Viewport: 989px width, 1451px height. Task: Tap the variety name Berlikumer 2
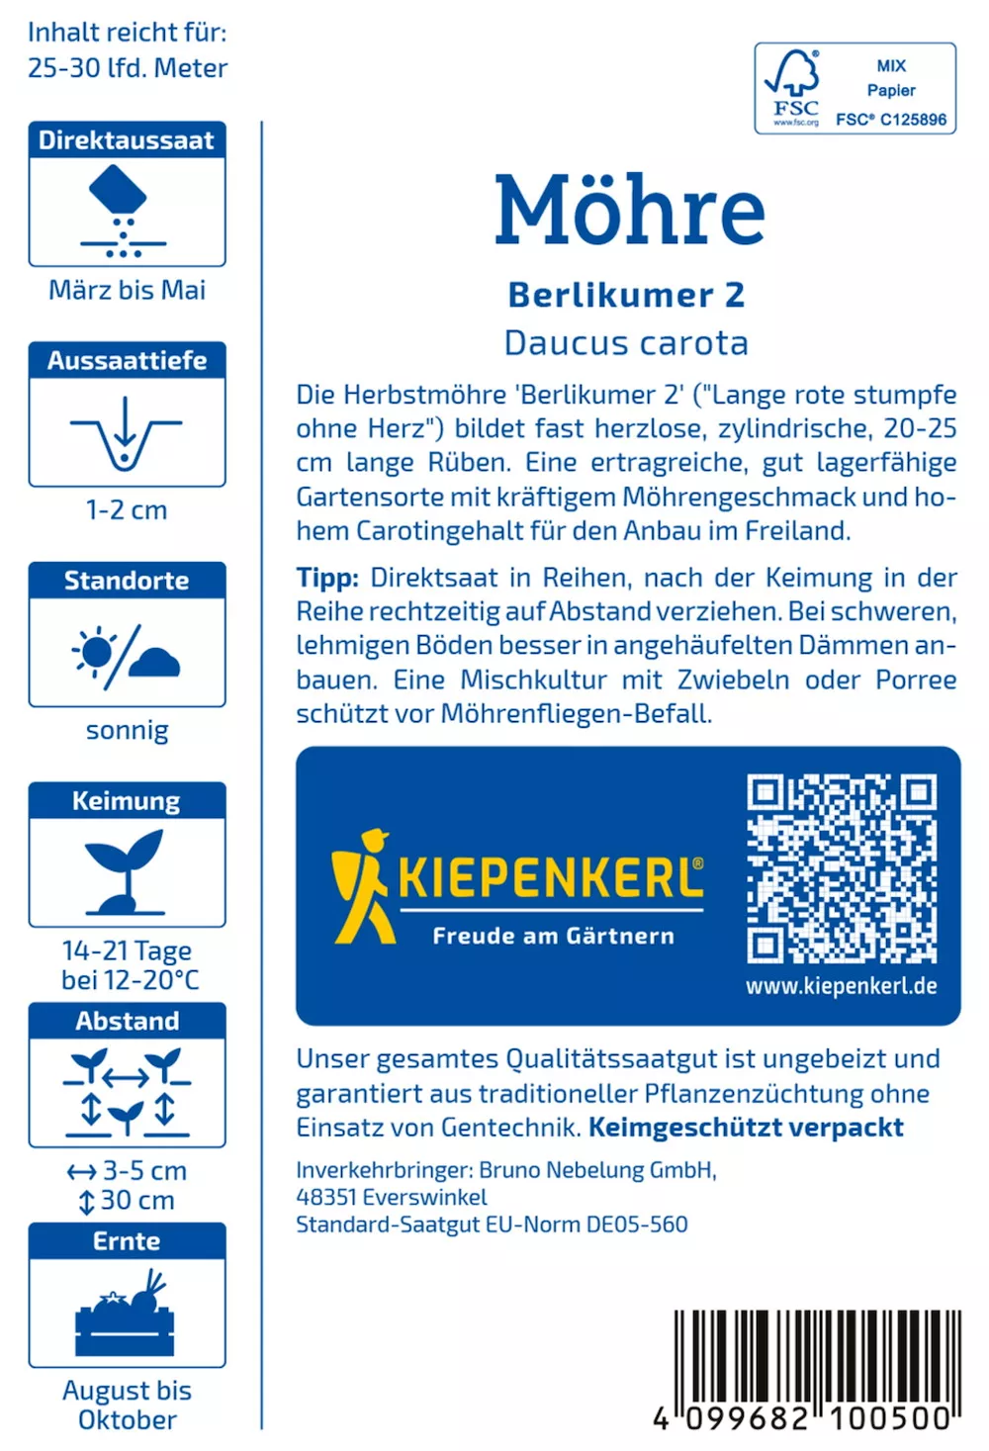point(626,295)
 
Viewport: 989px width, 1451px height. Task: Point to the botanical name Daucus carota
point(626,343)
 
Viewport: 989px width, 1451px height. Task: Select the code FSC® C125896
point(891,120)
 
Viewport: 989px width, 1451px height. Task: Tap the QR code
point(842,868)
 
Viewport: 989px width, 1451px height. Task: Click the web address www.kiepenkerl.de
point(842,986)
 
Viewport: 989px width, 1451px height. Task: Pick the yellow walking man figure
point(362,885)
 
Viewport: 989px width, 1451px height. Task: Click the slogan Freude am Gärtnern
point(553,936)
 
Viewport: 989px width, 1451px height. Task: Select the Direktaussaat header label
point(127,140)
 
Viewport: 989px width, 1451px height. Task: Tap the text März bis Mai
point(127,290)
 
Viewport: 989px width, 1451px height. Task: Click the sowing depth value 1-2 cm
point(127,510)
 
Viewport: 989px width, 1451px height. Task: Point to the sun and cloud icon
point(127,654)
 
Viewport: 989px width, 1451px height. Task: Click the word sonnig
point(127,731)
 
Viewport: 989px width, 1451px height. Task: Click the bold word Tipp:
point(326,578)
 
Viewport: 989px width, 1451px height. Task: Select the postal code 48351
point(325,1197)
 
